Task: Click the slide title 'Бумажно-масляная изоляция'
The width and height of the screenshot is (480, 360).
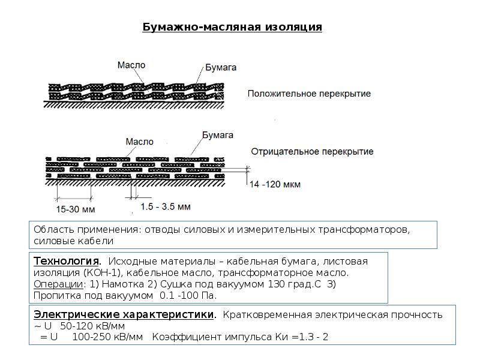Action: (x=232, y=28)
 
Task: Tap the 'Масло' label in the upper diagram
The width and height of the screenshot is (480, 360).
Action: (x=131, y=65)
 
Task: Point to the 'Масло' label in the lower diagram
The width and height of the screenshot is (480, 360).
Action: (x=139, y=142)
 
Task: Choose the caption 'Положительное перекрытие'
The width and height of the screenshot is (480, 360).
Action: (x=309, y=94)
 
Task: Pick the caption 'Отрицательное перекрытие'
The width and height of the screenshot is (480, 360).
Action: (x=312, y=151)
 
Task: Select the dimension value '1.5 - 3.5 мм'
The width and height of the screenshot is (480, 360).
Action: (x=165, y=207)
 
